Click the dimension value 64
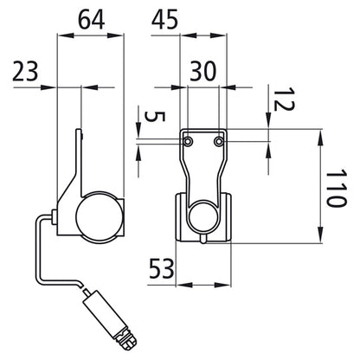[91, 20]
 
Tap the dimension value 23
[25, 72]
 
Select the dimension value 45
[164, 20]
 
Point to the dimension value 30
[202, 72]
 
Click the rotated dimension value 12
[284, 100]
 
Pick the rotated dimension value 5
[155, 117]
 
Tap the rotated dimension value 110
[336, 188]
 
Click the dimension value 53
[162, 268]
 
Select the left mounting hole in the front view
[188, 141]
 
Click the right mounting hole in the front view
[219, 141]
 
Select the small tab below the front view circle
[204, 239]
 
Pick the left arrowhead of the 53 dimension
[184, 285]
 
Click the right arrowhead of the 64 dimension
[115, 35]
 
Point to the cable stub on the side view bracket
[55, 217]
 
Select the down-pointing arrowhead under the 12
[268, 121]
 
